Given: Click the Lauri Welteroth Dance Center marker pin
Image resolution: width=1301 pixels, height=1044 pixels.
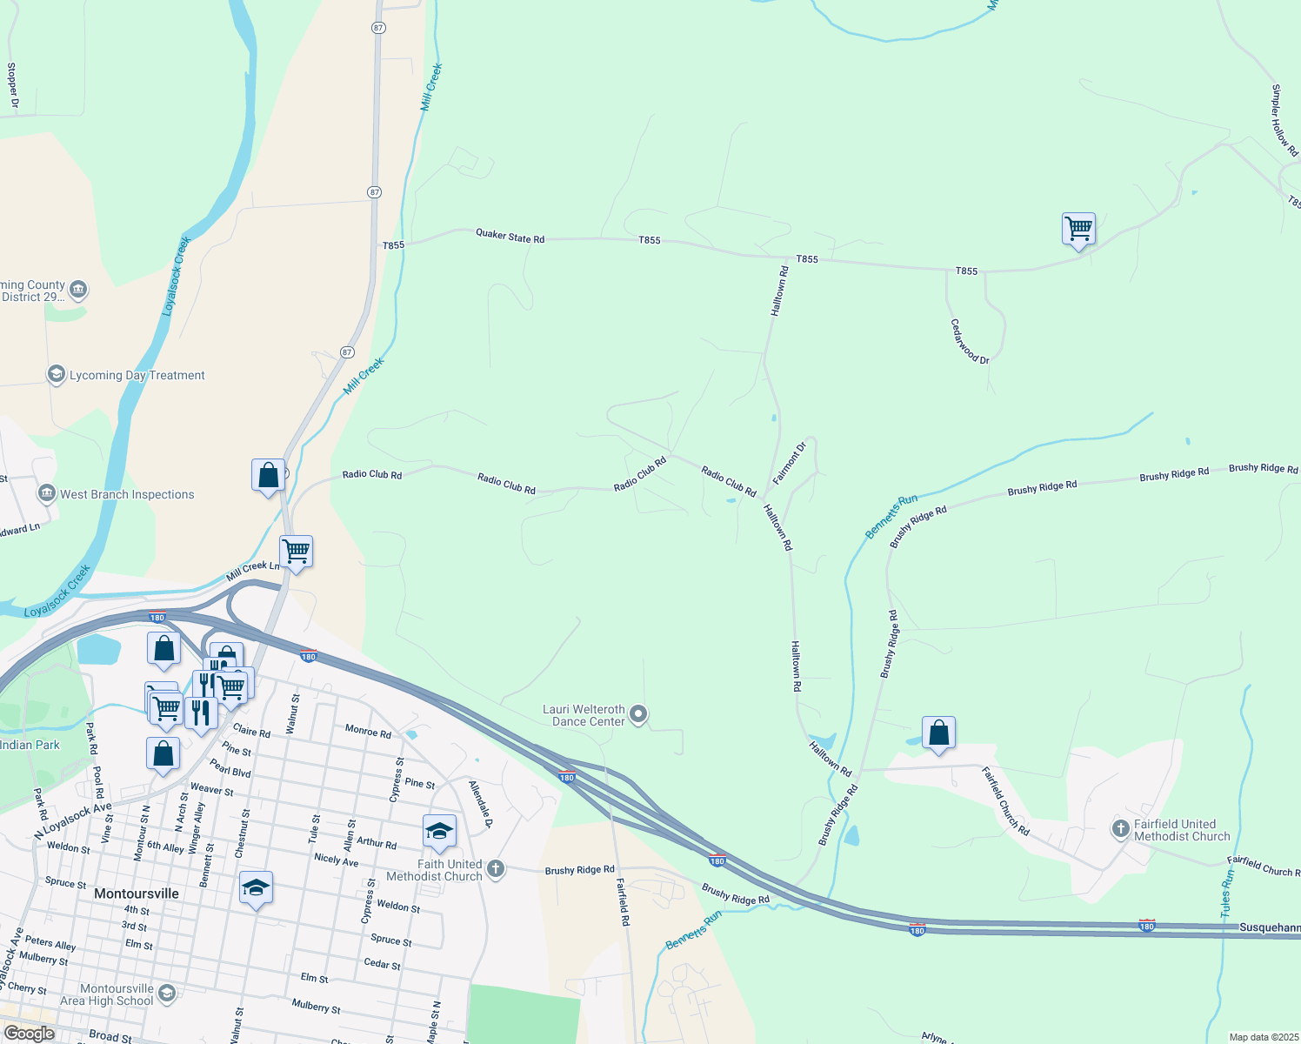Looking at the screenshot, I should click(638, 715).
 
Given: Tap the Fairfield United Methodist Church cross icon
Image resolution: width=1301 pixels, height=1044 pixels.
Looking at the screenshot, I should click(1120, 829).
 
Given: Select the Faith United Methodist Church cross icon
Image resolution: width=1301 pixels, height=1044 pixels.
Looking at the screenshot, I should click(496, 869).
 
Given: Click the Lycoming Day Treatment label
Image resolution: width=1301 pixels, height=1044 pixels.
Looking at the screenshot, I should click(137, 375).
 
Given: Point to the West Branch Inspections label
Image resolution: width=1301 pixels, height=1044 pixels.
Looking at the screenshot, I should click(127, 494).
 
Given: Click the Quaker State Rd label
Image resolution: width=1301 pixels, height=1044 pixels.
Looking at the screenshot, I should click(510, 236).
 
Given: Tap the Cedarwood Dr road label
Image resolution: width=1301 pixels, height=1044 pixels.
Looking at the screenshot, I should click(969, 341).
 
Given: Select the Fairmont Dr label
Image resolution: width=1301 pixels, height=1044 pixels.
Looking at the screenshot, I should click(790, 462).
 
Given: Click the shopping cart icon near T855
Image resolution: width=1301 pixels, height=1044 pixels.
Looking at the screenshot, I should click(1078, 230).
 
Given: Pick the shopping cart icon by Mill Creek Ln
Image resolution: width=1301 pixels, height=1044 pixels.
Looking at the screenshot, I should click(296, 552).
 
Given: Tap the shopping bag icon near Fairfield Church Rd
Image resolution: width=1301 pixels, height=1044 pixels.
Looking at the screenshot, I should click(938, 733).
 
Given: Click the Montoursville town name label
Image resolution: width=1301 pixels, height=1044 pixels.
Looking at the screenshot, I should click(137, 893).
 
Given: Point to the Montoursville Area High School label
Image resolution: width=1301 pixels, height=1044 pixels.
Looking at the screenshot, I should click(106, 994).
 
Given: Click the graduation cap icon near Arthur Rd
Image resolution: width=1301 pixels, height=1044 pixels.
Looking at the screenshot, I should click(439, 832).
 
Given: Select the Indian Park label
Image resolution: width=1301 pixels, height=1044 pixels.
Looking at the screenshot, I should click(30, 745).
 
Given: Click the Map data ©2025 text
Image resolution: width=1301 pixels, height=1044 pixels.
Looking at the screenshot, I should click(1263, 1037).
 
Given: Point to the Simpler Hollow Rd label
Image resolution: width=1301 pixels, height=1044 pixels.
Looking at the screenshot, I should click(1284, 120).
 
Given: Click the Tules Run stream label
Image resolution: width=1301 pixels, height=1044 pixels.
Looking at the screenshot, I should click(1227, 893).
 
